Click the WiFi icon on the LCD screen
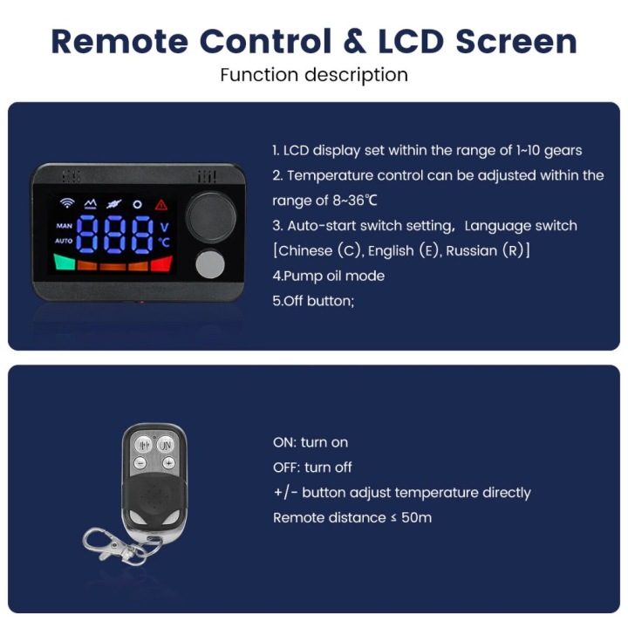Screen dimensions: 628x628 coord(67,203)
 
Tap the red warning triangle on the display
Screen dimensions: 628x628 coord(161,205)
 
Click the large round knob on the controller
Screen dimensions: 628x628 coord(211,216)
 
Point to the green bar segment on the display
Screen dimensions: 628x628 coord(65,262)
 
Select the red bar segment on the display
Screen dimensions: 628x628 coord(161,263)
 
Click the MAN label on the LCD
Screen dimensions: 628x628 coord(64,226)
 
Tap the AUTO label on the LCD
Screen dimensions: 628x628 coord(64,241)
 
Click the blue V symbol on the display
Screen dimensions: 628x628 coord(164,227)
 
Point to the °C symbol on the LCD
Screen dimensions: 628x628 coord(164,242)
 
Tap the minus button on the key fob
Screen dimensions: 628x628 coord(140,463)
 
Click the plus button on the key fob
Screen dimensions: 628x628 coord(168,463)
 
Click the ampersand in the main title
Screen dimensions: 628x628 coord(355,41)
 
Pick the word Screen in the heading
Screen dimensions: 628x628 coord(516,41)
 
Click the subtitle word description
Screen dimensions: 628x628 coord(356,75)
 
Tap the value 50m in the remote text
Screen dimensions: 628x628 coord(417,517)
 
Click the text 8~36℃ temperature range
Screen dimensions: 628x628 coord(355,201)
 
